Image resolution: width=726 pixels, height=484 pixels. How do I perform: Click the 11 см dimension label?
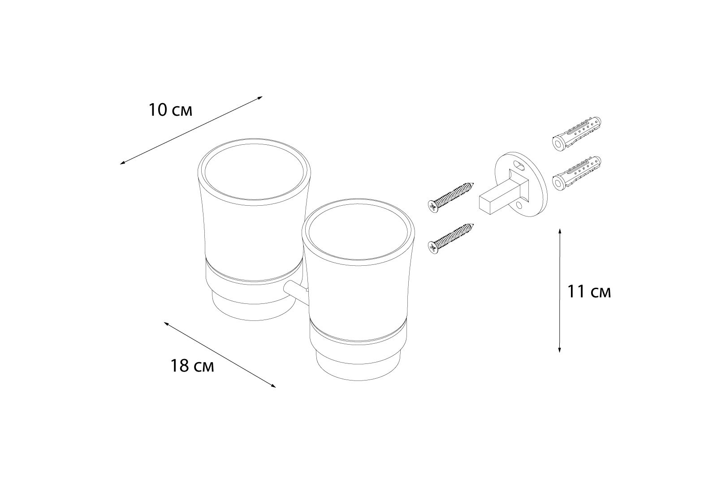point(589,292)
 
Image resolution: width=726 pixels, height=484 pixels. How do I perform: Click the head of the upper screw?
point(432,206)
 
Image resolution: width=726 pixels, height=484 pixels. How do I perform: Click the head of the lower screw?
point(432,247)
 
